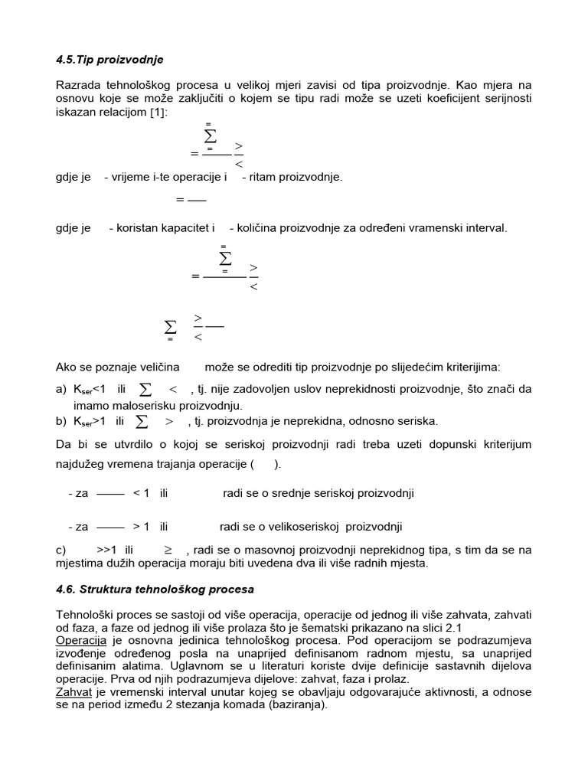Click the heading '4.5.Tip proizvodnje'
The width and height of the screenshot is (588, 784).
[109, 59]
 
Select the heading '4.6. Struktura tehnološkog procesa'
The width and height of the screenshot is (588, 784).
[155, 590]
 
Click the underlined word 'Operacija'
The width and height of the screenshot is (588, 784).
[80, 639]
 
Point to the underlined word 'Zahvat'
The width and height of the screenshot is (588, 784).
[74, 692]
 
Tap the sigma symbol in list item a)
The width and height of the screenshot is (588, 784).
[145, 390]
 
